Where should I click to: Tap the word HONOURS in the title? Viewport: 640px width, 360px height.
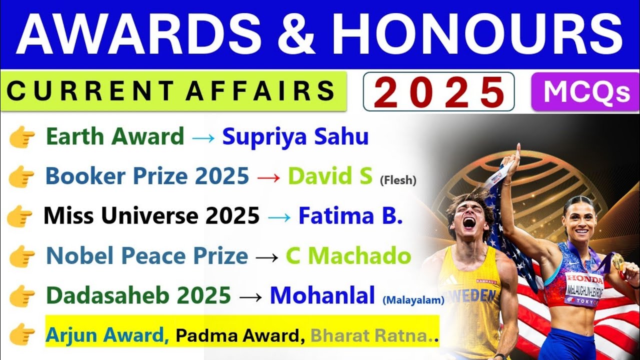(479, 34)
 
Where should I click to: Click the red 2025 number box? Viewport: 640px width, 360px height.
(438, 92)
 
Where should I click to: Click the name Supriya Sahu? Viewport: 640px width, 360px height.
(295, 136)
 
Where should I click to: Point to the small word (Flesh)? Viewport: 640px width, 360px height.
(398, 180)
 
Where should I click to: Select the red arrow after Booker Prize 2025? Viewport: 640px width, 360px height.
(268, 176)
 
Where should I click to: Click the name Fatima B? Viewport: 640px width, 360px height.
(350, 216)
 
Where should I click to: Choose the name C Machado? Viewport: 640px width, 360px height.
(348, 256)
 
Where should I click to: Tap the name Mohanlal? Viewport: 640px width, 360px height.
(322, 295)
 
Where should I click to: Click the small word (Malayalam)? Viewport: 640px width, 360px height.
(413, 300)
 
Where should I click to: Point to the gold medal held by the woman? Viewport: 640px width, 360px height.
(618, 260)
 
